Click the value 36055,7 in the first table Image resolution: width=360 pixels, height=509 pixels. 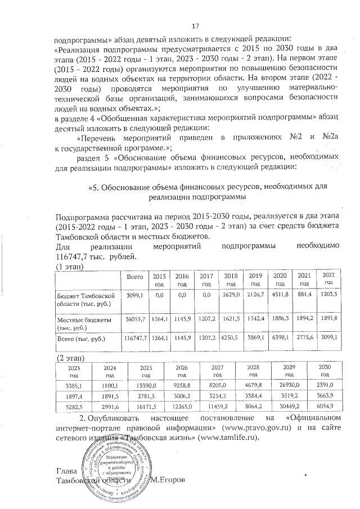click(x=136, y=319)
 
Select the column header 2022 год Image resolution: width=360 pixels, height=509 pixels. click(x=328, y=278)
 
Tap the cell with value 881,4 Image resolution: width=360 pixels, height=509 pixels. click(x=304, y=295)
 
